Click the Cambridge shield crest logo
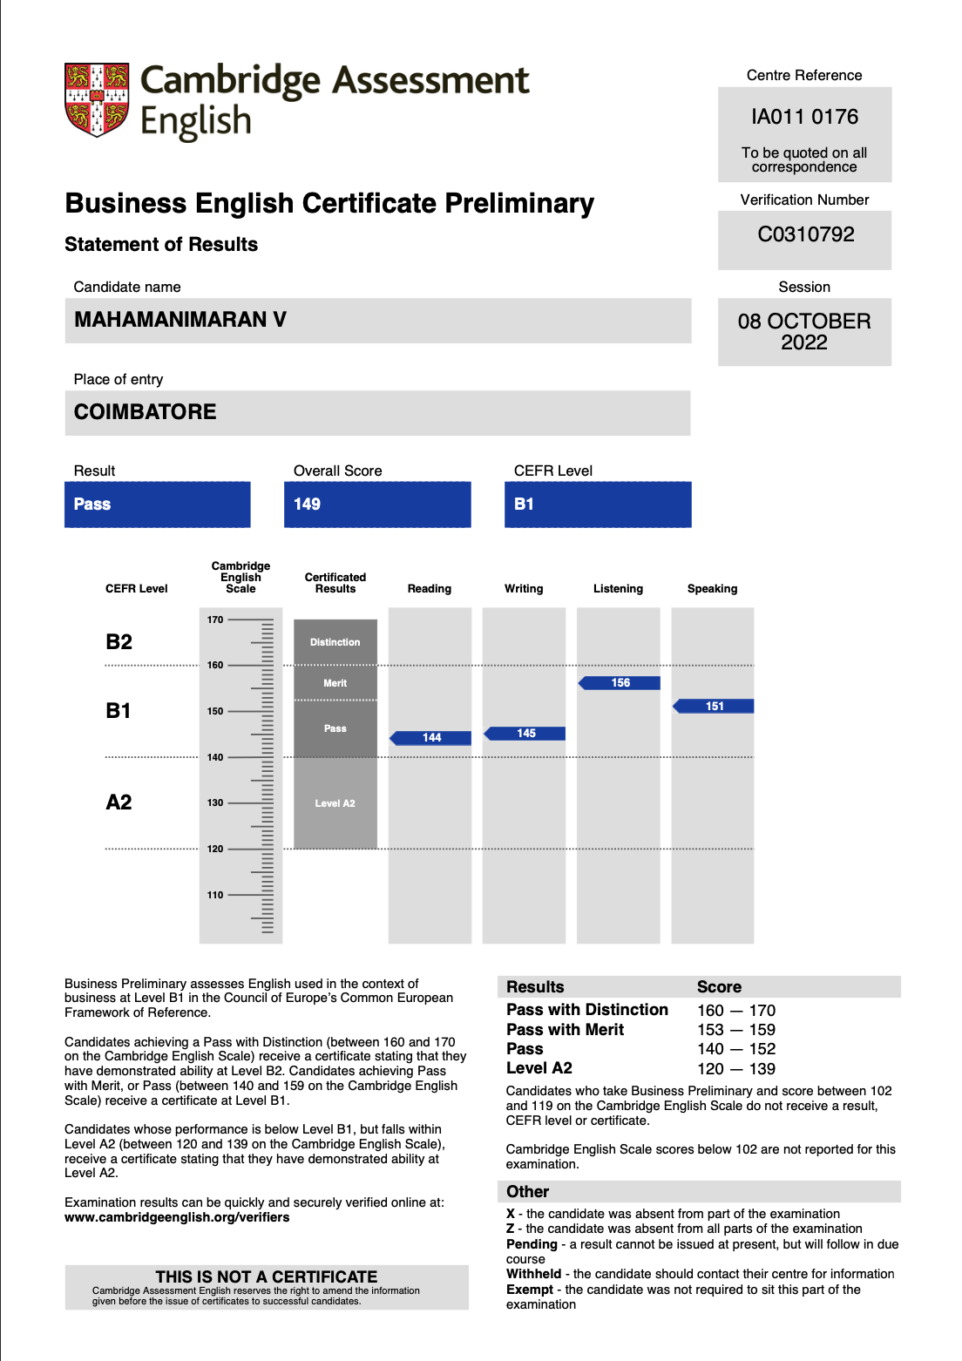pos(97,99)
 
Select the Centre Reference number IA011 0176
pos(804,117)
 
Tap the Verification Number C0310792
pos(805,234)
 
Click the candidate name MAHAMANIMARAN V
pos(180,320)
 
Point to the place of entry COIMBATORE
pos(146,412)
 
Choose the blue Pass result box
pos(157,504)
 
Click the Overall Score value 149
pos(307,504)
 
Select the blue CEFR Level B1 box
pos(597,504)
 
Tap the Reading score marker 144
pos(431,738)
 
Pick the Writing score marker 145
pos(525,734)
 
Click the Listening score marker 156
pos(620,683)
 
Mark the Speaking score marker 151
pos(715,707)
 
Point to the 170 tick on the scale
pos(215,620)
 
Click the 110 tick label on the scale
pos(215,895)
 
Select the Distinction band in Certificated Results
pos(335,642)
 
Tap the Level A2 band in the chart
pos(335,803)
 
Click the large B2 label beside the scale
pos(119,642)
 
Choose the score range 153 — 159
pos(735,1030)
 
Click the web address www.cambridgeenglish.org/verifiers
pos(177,1217)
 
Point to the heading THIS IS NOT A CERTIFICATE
pos(266,1276)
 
